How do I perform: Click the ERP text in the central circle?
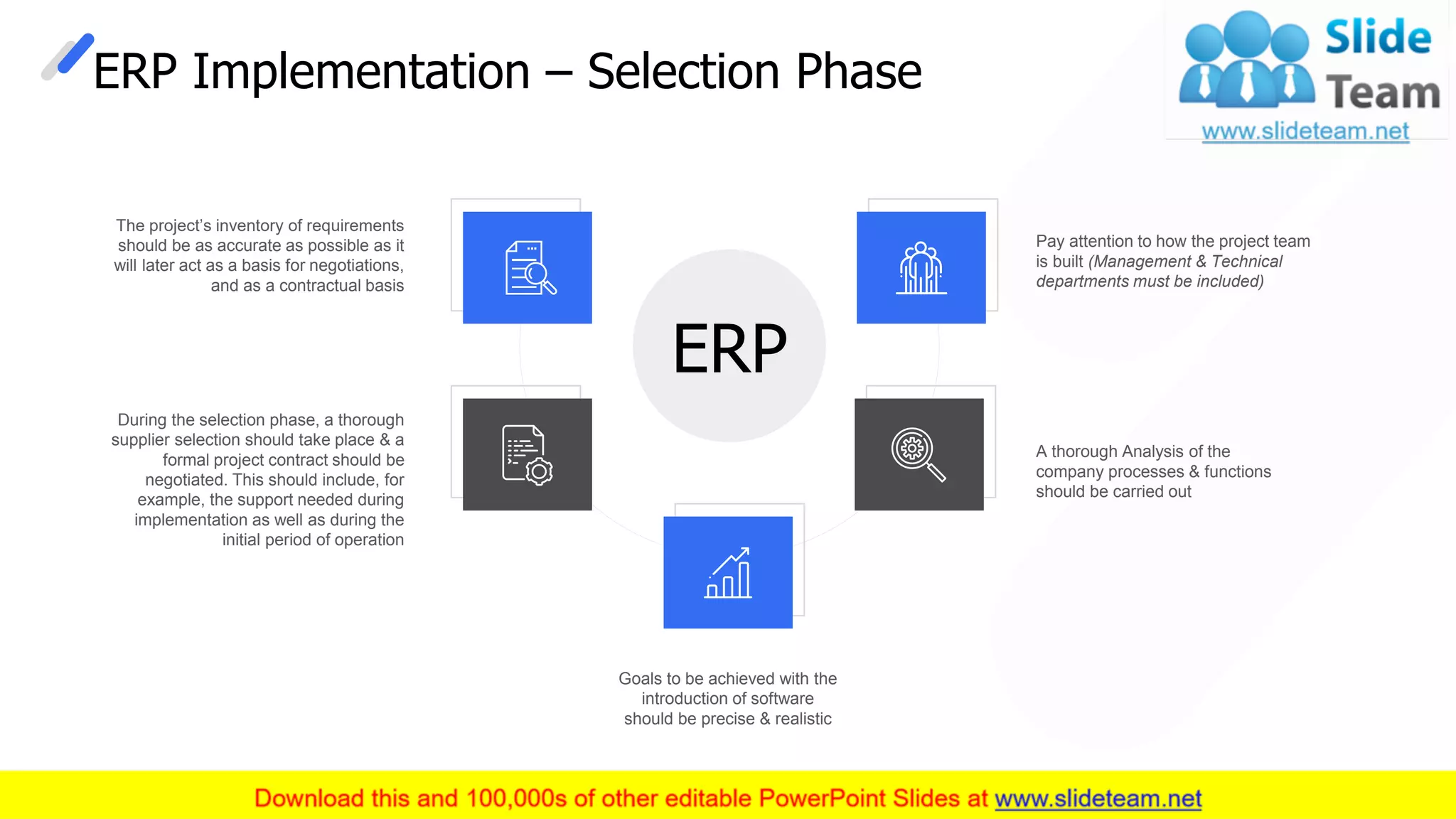[729, 348]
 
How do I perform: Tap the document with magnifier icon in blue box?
[530, 268]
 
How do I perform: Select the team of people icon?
[921, 268]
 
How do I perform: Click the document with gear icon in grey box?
[527, 455]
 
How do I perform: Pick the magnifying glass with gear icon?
[918, 454]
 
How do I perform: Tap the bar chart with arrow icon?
[728, 572]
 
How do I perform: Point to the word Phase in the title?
[858, 72]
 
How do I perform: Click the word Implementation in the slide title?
[361, 72]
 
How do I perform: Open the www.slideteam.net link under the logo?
[1305, 131]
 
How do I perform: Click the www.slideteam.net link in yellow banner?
[1098, 798]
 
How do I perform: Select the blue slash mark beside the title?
[75, 53]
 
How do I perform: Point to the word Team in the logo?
[1382, 93]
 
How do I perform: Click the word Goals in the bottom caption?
[640, 679]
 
